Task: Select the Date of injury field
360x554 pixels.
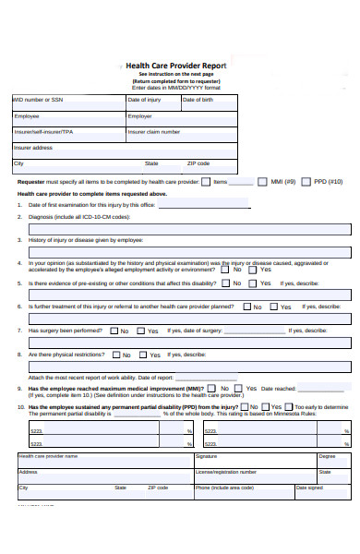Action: [151, 103]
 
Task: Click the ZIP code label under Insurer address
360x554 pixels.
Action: [198, 163]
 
